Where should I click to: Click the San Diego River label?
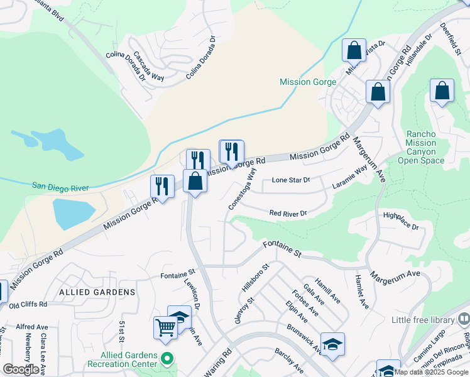pos(60,187)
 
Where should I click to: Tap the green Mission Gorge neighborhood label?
pos(308,82)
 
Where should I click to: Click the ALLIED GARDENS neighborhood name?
pos(97,292)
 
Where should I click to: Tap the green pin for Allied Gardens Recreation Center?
pos(167,359)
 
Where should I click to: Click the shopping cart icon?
pos(165,327)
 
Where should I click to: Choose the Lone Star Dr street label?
pos(290,180)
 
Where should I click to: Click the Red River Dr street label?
pos(288,214)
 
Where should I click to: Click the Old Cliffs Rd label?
pos(28,304)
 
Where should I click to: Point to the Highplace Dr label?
pos(400,221)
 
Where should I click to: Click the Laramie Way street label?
pos(351,178)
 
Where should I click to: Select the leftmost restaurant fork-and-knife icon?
pos(162,186)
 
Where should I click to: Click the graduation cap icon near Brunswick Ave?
pos(332,344)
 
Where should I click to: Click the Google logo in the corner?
pos(21,369)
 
